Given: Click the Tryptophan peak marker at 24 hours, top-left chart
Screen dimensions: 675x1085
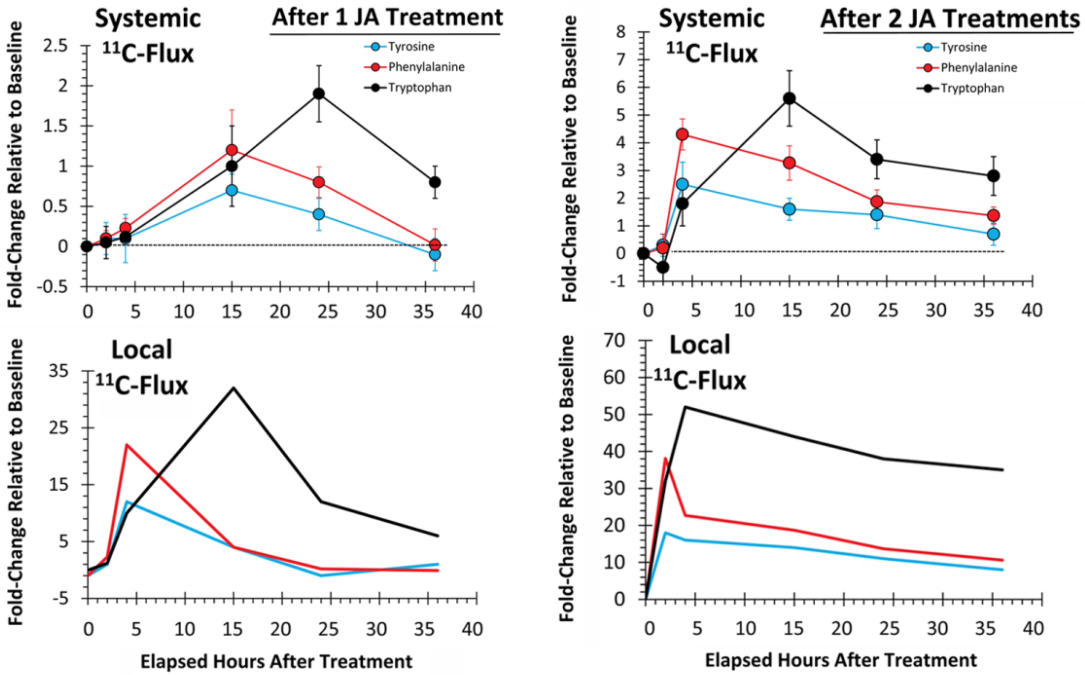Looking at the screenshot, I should tap(319, 94).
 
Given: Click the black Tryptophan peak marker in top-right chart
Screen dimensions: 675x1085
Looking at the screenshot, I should tap(789, 99).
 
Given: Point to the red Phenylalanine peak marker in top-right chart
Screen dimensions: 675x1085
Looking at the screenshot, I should tap(682, 134).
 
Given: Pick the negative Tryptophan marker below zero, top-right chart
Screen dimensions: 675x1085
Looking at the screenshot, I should tap(663, 267).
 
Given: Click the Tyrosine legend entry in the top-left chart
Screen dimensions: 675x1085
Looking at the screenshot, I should tap(410, 46).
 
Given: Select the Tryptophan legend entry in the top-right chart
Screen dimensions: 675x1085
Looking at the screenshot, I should tap(972, 88).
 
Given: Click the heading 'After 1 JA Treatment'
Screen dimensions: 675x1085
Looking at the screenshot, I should tap(387, 18).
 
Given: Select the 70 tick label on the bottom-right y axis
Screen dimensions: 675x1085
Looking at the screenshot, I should tap(614, 340).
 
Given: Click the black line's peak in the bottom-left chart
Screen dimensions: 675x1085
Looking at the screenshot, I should tap(233, 388).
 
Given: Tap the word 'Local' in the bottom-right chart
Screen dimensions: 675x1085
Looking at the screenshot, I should tap(699, 345).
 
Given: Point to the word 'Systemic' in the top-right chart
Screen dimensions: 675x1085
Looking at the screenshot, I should tap(712, 19).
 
